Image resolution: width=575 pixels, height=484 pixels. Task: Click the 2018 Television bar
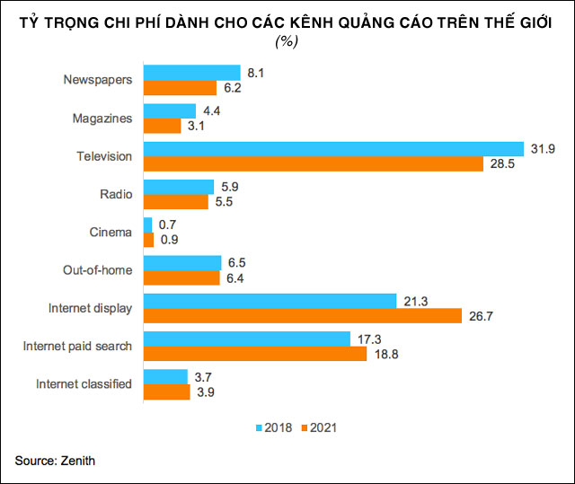pyautogui.click(x=333, y=148)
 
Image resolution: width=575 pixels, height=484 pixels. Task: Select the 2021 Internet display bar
pyautogui.click(x=302, y=315)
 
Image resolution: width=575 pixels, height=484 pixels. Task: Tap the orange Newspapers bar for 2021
pyautogui.click(x=180, y=88)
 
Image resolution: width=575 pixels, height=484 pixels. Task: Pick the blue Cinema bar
pyautogui.click(x=147, y=224)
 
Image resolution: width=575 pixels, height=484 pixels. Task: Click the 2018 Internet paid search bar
pyautogui.click(x=246, y=338)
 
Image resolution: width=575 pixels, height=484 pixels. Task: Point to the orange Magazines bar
pyautogui.click(x=163, y=126)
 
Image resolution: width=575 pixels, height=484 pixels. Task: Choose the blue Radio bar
pyautogui.click(x=179, y=187)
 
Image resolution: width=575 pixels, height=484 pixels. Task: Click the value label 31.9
pyautogui.click(x=542, y=148)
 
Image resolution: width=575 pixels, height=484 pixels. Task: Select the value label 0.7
pyautogui.click(x=167, y=224)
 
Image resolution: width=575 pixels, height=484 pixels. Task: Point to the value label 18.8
pyautogui.click(x=385, y=354)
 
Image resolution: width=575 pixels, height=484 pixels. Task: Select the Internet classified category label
pyautogui.click(x=84, y=384)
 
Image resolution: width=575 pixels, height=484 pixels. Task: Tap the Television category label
pyautogui.click(x=104, y=156)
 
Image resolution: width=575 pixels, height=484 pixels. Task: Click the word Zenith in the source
pyautogui.click(x=77, y=461)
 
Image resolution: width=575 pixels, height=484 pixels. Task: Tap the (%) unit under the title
pyautogui.click(x=287, y=41)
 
